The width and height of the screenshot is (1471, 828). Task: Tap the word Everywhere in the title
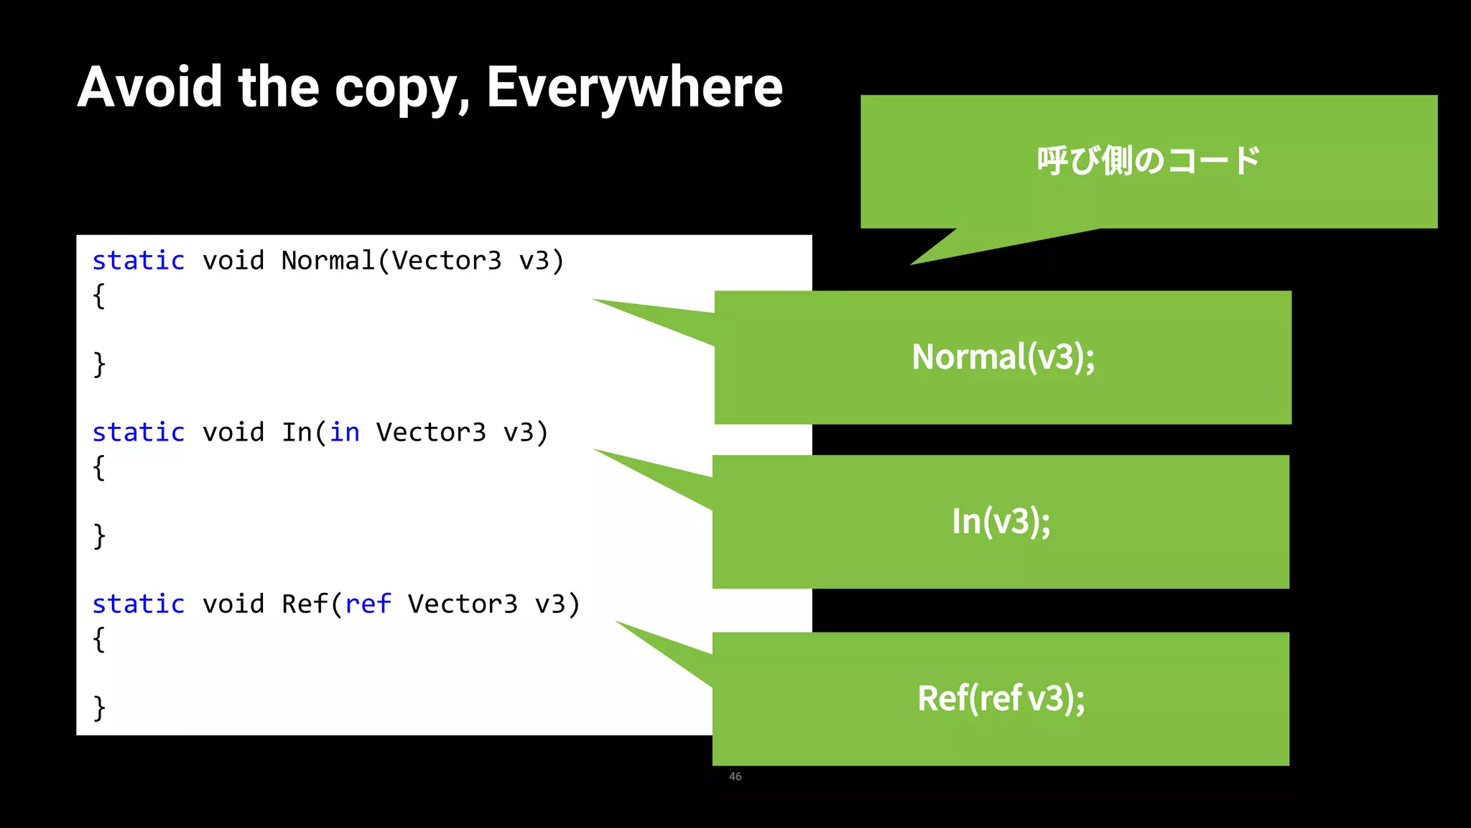634,87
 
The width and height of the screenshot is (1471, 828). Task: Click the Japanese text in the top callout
1148,160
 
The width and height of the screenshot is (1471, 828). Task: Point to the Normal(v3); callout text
1003,357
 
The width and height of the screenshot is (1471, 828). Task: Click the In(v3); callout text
1001,521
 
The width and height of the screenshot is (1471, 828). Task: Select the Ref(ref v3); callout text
1001,698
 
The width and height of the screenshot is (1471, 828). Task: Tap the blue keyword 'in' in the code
345,432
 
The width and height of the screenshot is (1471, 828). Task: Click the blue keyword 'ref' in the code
368,604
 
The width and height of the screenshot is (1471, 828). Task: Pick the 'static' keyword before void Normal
139,260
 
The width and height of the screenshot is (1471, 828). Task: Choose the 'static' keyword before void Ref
139,604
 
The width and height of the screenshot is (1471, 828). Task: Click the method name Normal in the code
328,260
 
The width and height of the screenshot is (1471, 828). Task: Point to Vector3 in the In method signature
431,432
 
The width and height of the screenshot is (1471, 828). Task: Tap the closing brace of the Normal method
99,364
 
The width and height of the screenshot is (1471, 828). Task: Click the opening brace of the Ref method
99,639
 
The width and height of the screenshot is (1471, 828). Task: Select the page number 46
735,776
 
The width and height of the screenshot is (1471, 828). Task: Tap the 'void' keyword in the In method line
233,432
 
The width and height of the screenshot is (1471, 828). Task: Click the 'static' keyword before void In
139,432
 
